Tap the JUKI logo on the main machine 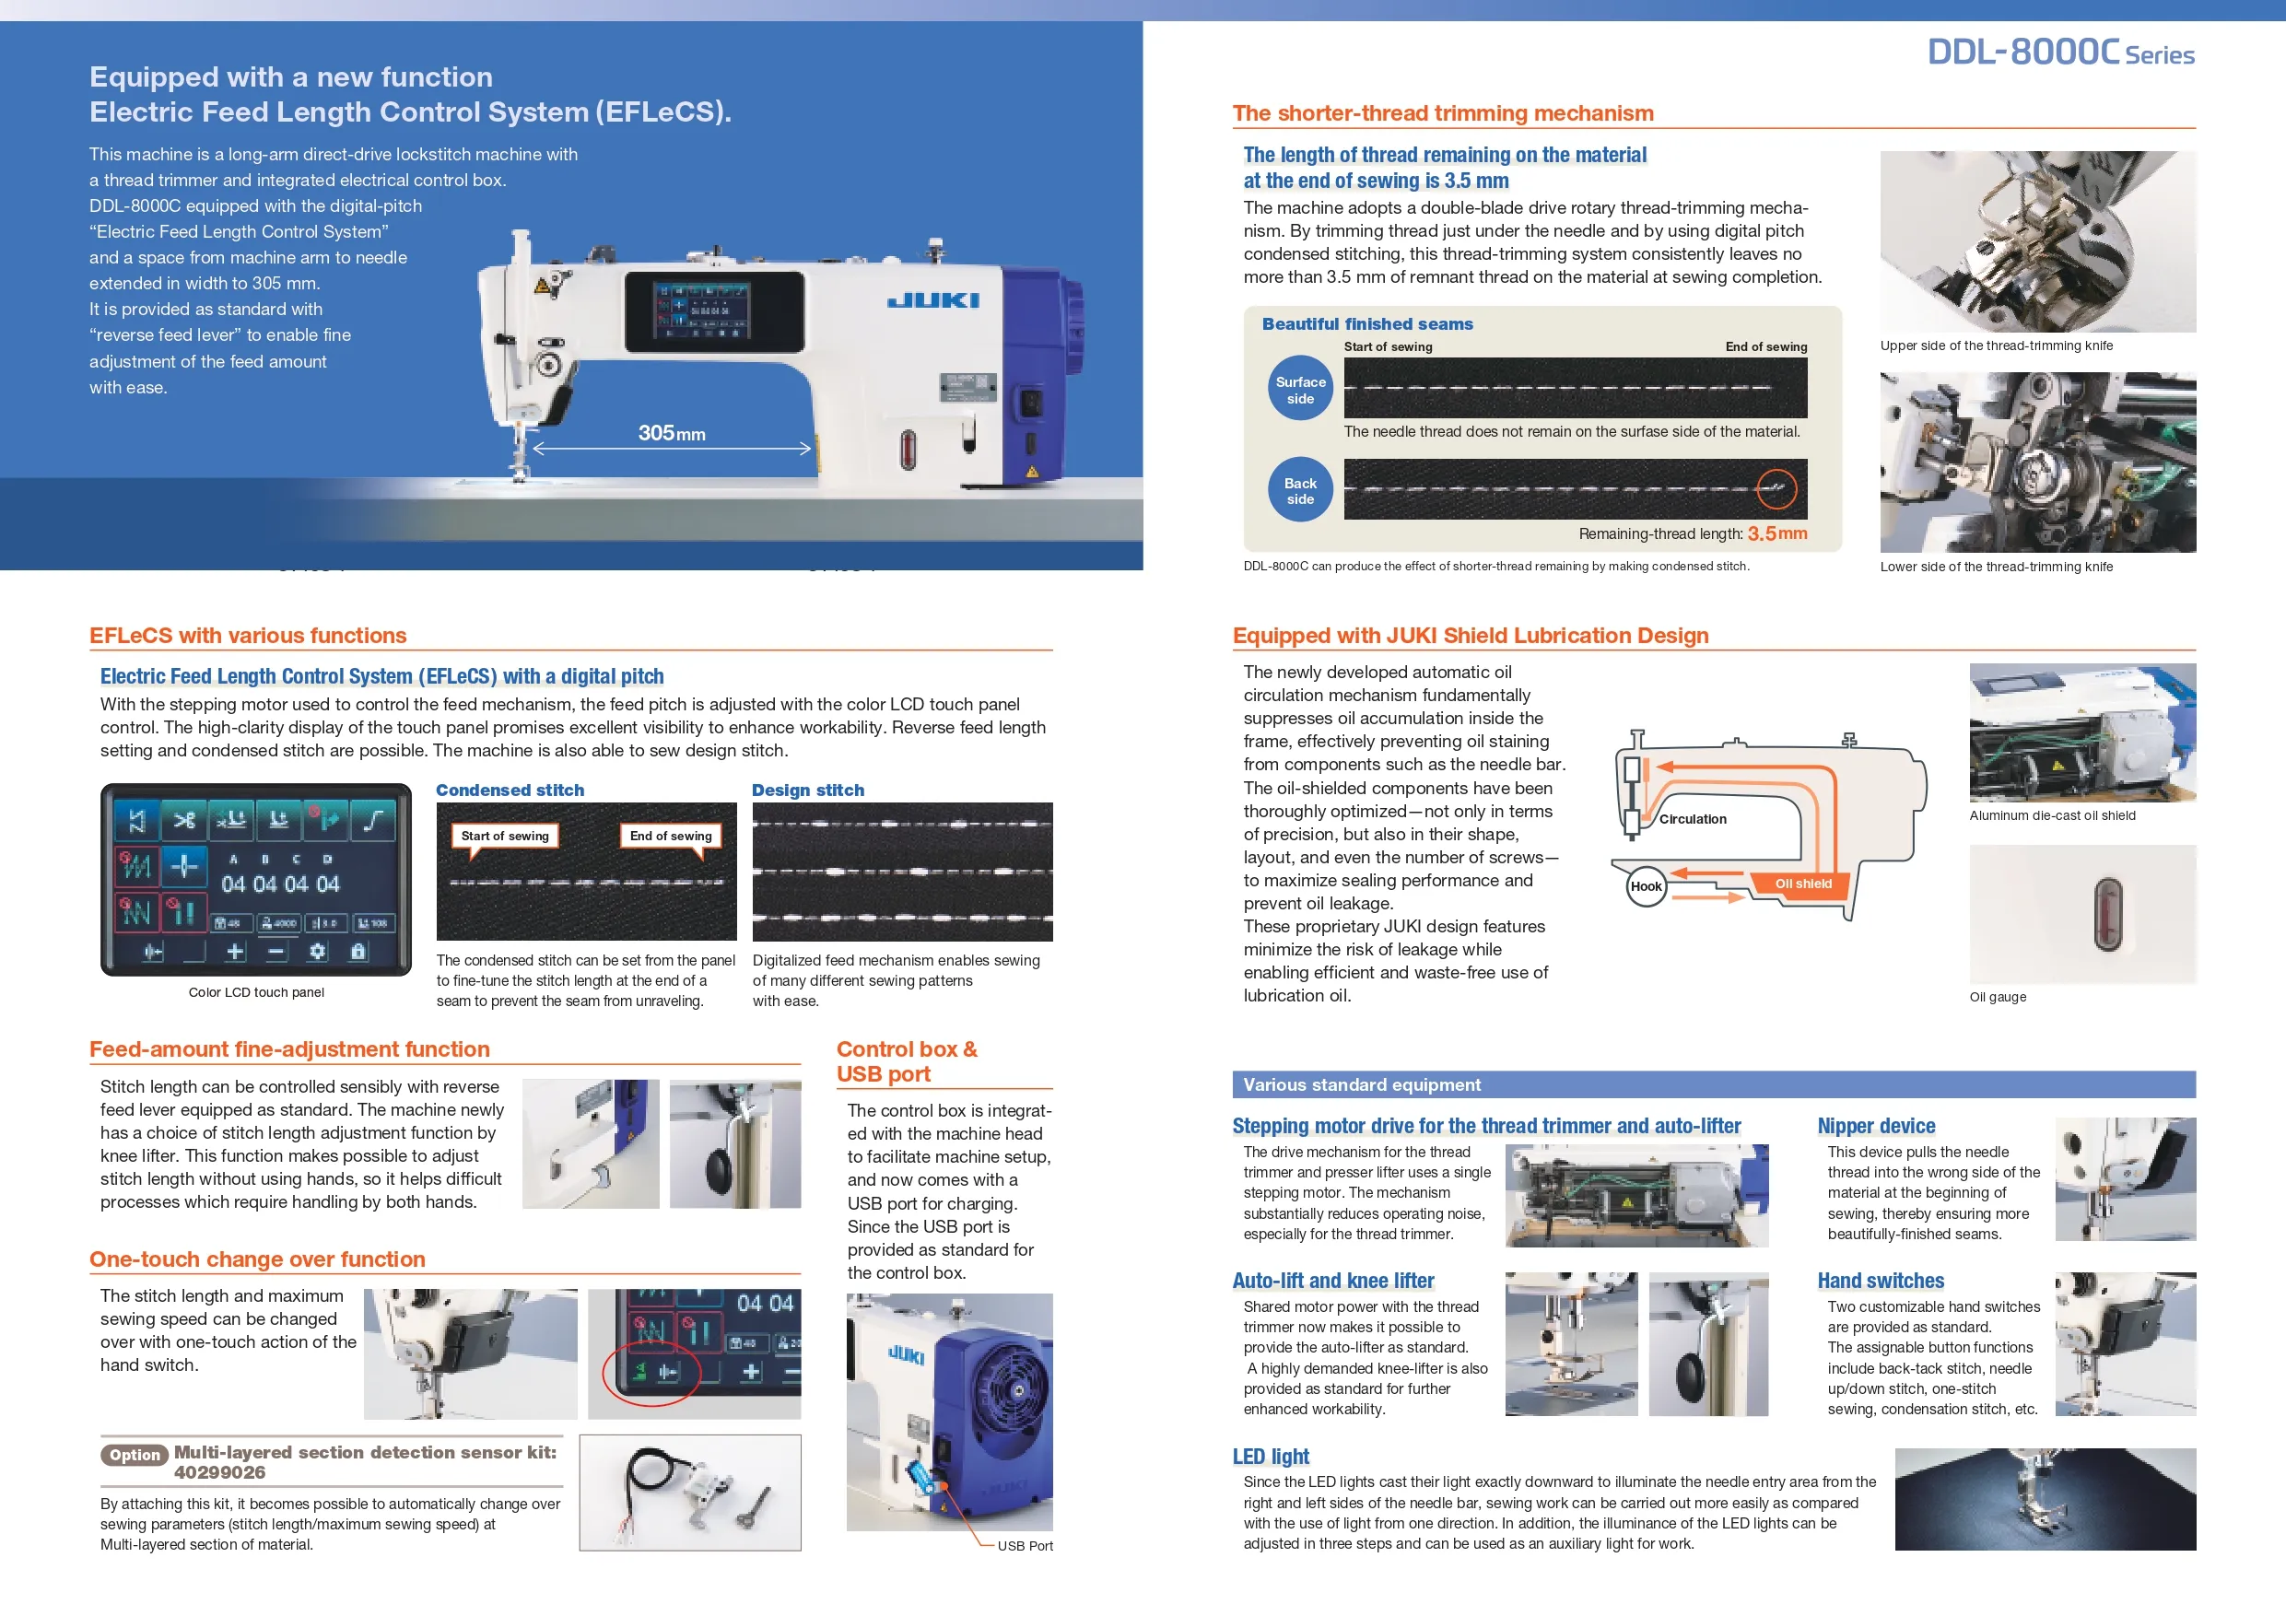pos(932,299)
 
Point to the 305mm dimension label pos(671,433)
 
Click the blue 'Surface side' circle pos(1299,390)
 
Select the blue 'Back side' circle pos(1299,491)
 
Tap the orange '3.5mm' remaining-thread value pos(1776,533)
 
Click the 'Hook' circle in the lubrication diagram pos(1645,886)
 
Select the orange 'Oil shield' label pos(1802,884)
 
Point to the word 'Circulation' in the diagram pos(1692,818)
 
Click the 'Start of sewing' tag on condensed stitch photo pos(505,836)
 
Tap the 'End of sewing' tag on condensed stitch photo pos(670,836)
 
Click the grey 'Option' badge pos(135,1455)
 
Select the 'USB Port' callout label pos(1025,1545)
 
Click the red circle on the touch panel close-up pos(651,1372)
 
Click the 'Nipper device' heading pos(1876,1125)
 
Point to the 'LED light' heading pos(1271,1456)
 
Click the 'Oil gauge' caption pos(1998,997)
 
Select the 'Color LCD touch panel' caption pos(256,991)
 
